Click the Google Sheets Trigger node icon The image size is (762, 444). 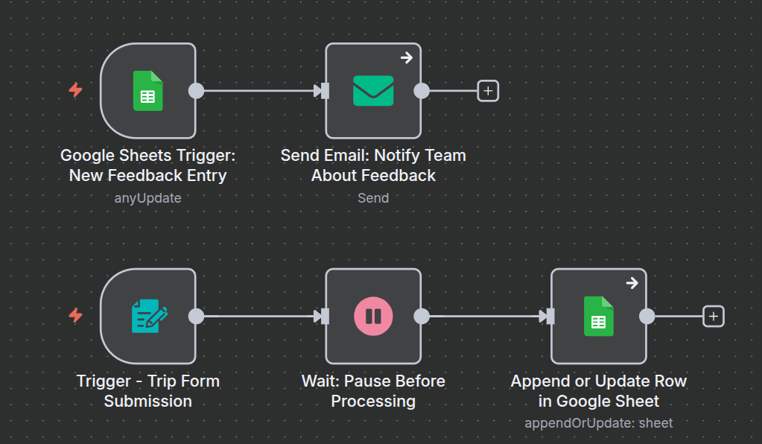coord(147,91)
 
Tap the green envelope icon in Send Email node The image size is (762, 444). coord(373,91)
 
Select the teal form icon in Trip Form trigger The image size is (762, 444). coord(148,316)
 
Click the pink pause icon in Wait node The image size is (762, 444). coord(373,316)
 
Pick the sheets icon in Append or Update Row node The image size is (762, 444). coord(598,316)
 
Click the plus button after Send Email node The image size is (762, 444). coord(488,91)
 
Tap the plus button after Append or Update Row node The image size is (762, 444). coord(714,316)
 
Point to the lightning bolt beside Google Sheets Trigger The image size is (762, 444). coord(75,90)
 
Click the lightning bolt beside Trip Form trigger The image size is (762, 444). coord(75,315)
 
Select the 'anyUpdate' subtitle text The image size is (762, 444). coord(147,198)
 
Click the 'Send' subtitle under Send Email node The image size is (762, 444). coord(373,198)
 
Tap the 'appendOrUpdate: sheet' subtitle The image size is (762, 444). coord(598,423)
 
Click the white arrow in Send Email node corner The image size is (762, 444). coord(406,57)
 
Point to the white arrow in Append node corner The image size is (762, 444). coord(632,283)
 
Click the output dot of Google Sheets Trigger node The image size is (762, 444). coord(196,91)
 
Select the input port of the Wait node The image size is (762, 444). coord(324,316)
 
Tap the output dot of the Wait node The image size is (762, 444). coord(422,316)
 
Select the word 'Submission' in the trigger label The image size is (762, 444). coord(147,401)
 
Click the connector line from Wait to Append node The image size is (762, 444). coord(484,316)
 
